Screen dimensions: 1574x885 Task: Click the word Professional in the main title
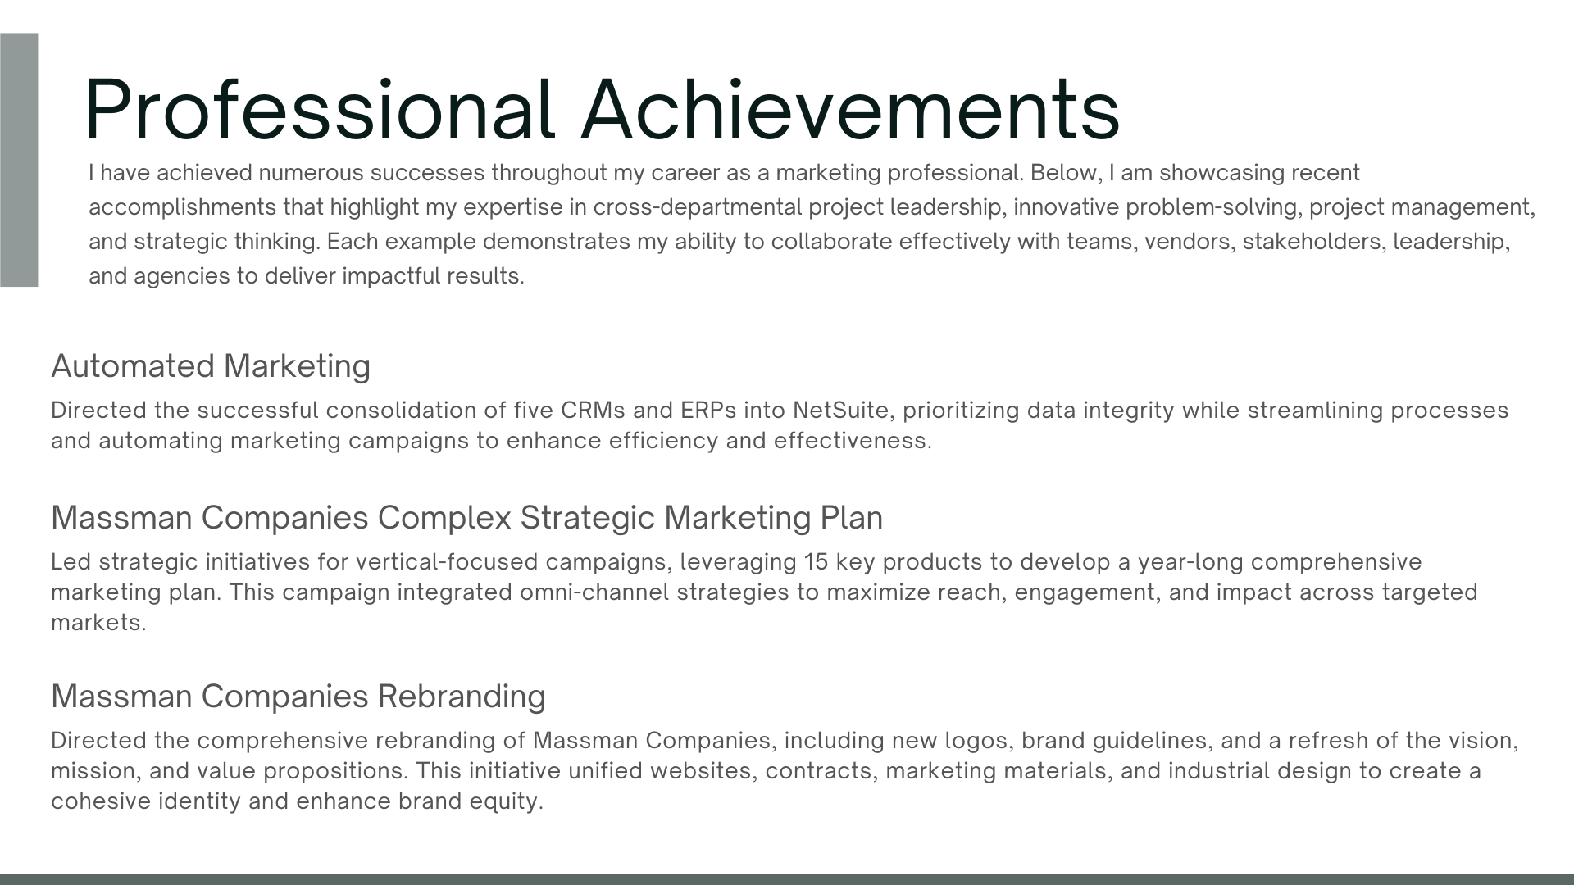(x=319, y=110)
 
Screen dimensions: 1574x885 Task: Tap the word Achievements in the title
(x=850, y=110)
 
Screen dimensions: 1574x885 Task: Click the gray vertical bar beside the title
(x=19, y=160)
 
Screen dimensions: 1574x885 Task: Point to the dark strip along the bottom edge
(x=787, y=879)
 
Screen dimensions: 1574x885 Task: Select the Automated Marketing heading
(x=211, y=366)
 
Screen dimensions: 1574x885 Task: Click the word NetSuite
(x=840, y=411)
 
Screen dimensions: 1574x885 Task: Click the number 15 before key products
(x=817, y=562)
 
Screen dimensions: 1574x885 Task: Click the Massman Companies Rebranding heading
(x=298, y=697)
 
